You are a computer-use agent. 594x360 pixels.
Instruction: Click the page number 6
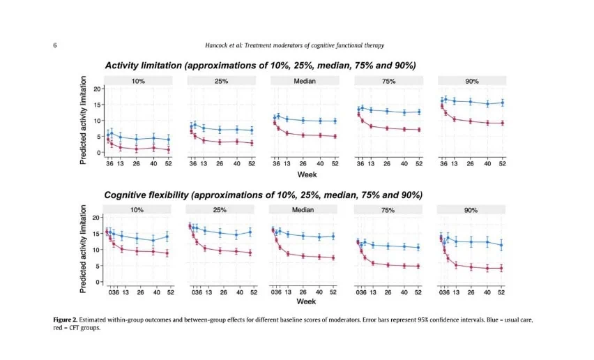(x=55, y=45)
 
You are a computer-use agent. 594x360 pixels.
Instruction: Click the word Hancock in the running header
(x=216, y=45)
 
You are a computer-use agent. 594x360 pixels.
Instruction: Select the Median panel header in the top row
(x=305, y=81)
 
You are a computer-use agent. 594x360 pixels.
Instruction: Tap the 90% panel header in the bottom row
(x=471, y=210)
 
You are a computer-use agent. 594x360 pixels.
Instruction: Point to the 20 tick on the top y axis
(x=98, y=89)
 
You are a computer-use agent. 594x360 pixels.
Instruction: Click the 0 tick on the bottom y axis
(x=98, y=282)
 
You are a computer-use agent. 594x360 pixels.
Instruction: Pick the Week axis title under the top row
(x=307, y=174)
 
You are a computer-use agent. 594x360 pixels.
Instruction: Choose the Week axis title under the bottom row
(x=306, y=301)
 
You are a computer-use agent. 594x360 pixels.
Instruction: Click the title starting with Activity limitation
(x=260, y=66)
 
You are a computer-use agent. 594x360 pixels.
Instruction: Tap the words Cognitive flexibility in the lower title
(x=146, y=195)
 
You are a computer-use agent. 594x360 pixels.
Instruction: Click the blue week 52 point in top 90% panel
(x=503, y=103)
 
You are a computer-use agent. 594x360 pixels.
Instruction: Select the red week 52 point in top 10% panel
(x=168, y=150)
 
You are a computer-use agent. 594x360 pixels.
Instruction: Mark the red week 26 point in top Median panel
(x=303, y=135)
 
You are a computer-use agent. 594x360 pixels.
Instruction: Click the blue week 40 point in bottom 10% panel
(x=153, y=240)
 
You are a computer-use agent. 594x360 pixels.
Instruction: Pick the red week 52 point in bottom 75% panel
(x=418, y=267)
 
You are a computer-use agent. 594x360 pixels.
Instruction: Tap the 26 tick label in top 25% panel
(x=220, y=164)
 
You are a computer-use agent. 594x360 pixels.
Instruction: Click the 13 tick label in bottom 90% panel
(x=456, y=292)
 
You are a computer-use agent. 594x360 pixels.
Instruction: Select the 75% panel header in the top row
(x=388, y=81)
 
